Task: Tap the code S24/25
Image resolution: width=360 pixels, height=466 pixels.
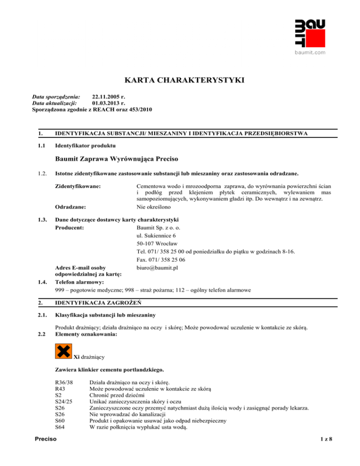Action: click(64, 415)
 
